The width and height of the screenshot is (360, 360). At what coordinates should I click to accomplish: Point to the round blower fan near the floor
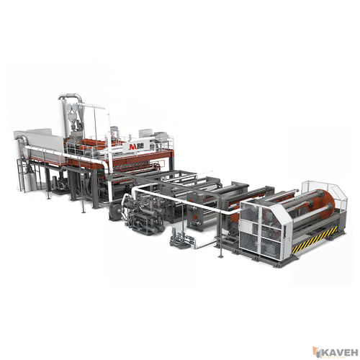(x=116, y=212)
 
